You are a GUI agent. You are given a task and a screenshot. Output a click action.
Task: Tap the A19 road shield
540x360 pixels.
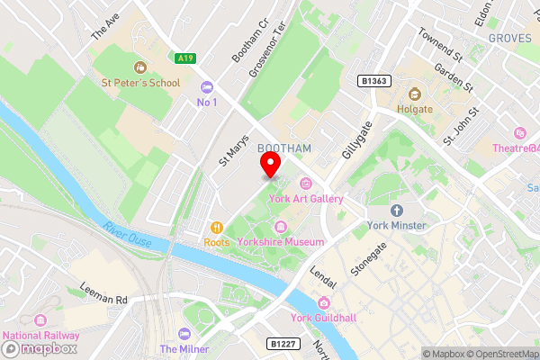pyautogui.click(x=185, y=58)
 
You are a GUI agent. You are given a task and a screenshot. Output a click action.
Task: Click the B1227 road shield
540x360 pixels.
pyautogui.click(x=282, y=343)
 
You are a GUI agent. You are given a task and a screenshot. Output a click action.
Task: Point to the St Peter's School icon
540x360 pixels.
pyautogui.click(x=139, y=67)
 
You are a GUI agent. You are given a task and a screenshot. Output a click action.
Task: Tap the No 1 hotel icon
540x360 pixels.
pyautogui.click(x=208, y=87)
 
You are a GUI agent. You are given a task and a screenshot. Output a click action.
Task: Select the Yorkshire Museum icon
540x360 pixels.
pyautogui.click(x=281, y=226)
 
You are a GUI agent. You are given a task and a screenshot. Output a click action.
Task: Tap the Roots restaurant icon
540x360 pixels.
pyautogui.click(x=216, y=228)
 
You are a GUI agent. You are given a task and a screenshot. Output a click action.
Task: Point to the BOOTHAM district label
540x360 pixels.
pyautogui.click(x=284, y=148)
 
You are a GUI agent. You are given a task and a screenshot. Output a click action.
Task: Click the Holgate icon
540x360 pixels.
pyautogui.click(x=415, y=94)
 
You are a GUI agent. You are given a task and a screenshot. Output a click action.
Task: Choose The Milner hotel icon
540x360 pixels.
pyautogui.click(x=184, y=334)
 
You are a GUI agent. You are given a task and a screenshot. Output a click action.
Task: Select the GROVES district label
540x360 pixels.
pyautogui.click(x=510, y=39)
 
